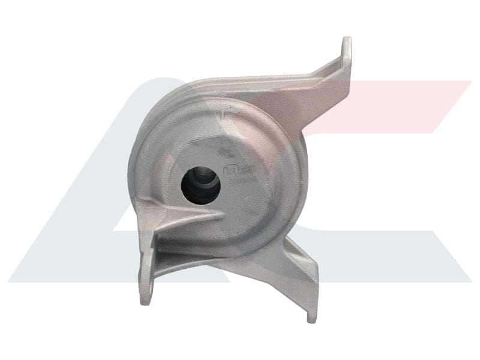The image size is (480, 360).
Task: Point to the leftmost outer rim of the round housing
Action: (130, 162)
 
